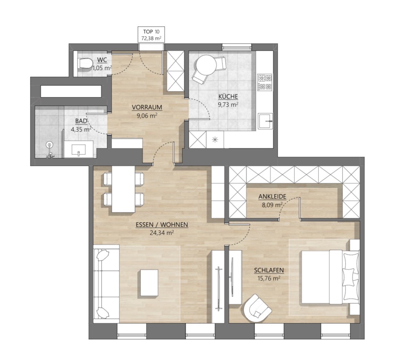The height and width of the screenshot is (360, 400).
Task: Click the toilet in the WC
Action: [86, 63]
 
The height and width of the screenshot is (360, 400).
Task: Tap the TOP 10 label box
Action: [151, 34]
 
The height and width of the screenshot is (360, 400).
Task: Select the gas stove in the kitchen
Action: [265, 82]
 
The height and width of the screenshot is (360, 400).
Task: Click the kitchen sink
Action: [265, 121]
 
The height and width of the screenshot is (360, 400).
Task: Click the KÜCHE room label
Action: [228, 97]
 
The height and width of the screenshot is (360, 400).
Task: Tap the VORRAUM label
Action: [147, 107]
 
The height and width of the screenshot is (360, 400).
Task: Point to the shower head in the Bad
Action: [49, 145]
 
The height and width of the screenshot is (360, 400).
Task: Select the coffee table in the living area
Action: [149, 283]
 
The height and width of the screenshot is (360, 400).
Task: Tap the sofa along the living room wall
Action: [106, 284]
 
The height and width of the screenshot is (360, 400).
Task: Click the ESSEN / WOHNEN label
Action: [162, 225]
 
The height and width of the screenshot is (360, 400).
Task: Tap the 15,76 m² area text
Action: [269, 278]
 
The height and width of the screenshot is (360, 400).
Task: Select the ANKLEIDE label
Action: [272, 197]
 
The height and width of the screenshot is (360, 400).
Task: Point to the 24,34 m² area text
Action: [162, 232]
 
